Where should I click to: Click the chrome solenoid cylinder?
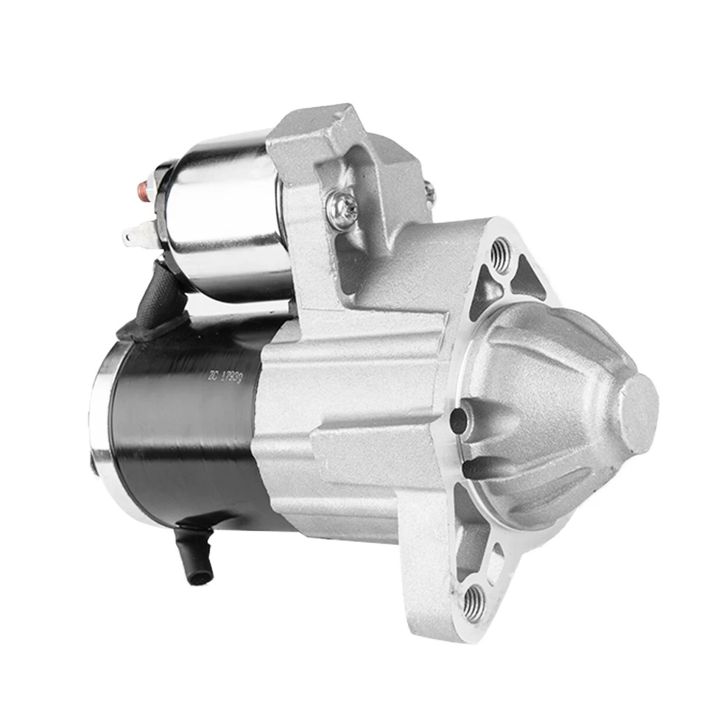(221, 214)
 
